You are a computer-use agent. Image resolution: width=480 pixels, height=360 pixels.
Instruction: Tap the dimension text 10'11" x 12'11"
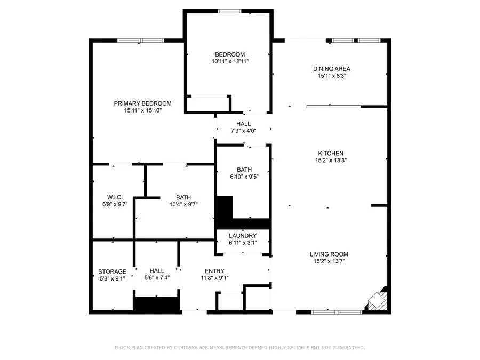pyautogui.click(x=230, y=61)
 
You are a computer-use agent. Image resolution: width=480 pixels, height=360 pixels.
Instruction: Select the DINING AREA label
pyautogui.click(x=331, y=69)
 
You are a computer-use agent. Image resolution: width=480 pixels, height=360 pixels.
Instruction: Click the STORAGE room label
pyautogui.click(x=112, y=271)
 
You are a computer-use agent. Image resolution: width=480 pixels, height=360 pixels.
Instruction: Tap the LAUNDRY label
pyautogui.click(x=243, y=236)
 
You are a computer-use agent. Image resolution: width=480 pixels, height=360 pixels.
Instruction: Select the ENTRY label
pyautogui.click(x=214, y=271)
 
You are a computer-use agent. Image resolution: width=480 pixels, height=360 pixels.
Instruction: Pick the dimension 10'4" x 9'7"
pyautogui.click(x=183, y=204)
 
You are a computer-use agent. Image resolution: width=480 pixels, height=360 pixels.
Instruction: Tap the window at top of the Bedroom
pyautogui.click(x=229, y=11)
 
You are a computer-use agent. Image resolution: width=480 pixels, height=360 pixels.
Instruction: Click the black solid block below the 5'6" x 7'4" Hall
pyautogui.click(x=156, y=305)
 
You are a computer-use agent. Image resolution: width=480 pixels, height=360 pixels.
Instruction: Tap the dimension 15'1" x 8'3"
pyautogui.click(x=331, y=76)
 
